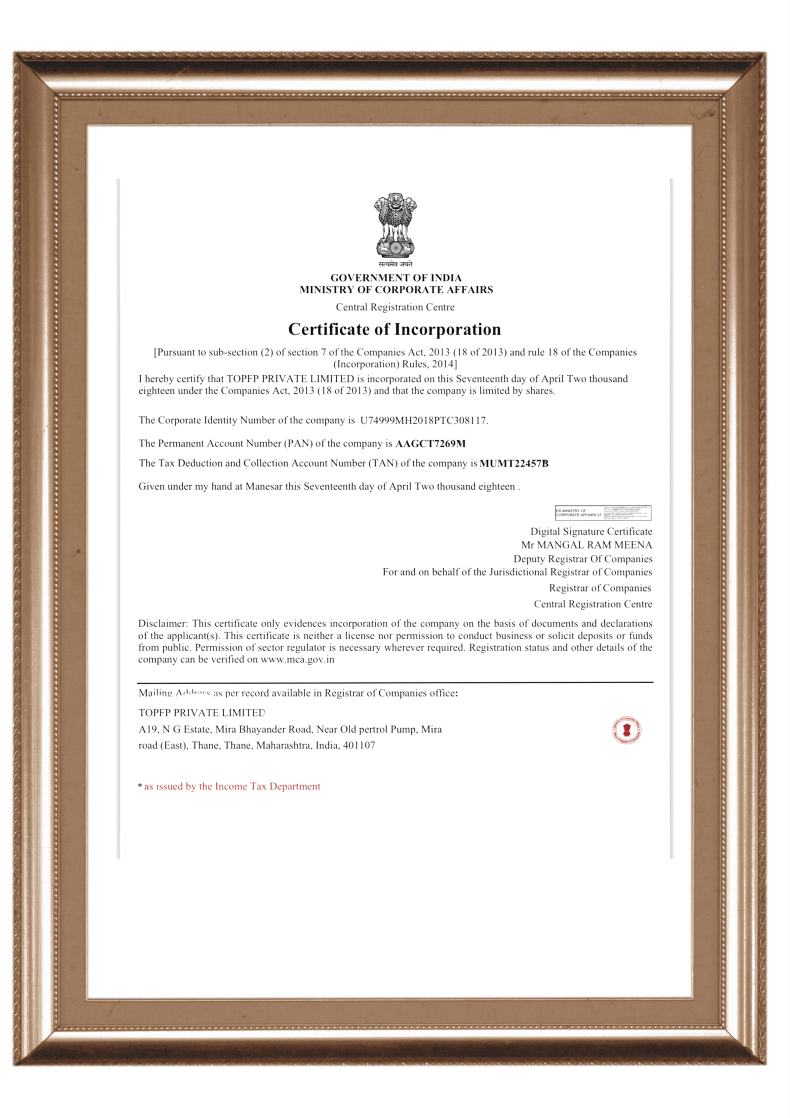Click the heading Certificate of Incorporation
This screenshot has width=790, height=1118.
click(x=395, y=329)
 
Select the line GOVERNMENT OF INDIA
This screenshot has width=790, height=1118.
click(x=396, y=278)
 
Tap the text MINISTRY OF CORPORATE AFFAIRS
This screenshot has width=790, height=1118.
click(x=396, y=290)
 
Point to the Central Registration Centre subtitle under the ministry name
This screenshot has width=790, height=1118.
click(x=395, y=307)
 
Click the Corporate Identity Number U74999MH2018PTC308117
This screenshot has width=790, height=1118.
click(x=424, y=421)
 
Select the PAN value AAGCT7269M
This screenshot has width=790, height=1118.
click(x=431, y=444)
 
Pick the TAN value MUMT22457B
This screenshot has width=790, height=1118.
click(x=514, y=463)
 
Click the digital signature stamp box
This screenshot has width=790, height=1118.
click(x=603, y=513)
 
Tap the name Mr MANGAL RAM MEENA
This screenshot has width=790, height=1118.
click(x=587, y=545)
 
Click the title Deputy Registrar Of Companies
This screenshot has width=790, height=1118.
click(x=583, y=559)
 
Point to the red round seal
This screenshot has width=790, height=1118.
click(x=627, y=730)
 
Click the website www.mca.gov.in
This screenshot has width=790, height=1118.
click(x=297, y=659)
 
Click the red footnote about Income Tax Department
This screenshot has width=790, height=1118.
click(x=232, y=786)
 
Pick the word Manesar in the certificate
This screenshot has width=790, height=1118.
click(x=264, y=487)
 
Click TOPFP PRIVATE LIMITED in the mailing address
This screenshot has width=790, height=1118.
click(x=201, y=713)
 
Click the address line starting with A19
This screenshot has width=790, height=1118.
click(x=290, y=729)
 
